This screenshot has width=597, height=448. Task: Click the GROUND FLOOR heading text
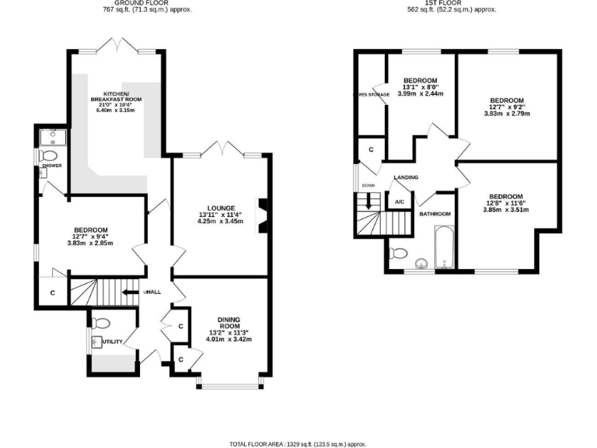tap(147, 3)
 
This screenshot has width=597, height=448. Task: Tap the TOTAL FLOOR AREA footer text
tap(298, 444)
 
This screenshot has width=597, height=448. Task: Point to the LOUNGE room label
tap(222, 208)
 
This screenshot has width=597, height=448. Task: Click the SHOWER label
tap(53, 166)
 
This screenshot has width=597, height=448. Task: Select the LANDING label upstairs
tap(406, 178)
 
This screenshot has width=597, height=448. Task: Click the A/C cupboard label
tap(400, 202)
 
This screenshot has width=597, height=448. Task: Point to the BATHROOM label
tap(435, 214)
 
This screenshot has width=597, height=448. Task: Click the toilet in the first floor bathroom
tap(399, 253)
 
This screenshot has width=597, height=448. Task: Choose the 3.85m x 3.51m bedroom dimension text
tap(505, 209)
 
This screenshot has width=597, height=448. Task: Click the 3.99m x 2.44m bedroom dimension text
tap(420, 93)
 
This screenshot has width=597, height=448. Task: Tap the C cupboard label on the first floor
tap(371, 149)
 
